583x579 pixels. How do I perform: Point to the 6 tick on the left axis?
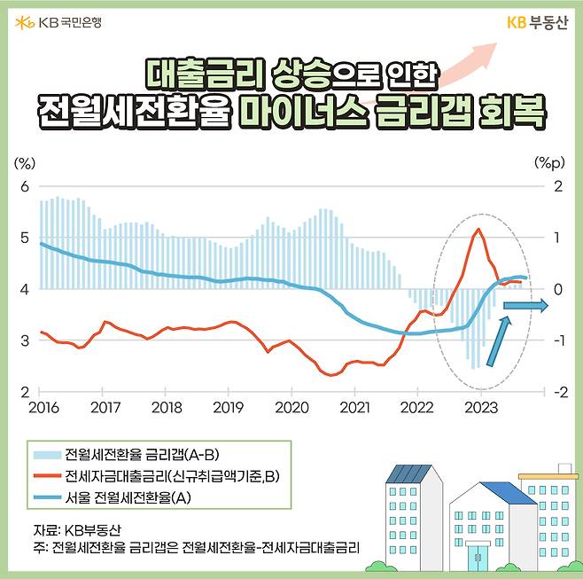click(x=25, y=186)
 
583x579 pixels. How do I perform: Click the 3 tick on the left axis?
click(x=25, y=340)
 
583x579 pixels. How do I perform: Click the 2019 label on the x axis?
click(x=229, y=409)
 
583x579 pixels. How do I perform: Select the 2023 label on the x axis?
click(x=480, y=409)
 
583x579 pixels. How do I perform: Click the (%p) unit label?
click(x=549, y=163)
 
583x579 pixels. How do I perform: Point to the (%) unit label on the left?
click(x=26, y=163)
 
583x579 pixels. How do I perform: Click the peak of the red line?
click(x=478, y=230)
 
